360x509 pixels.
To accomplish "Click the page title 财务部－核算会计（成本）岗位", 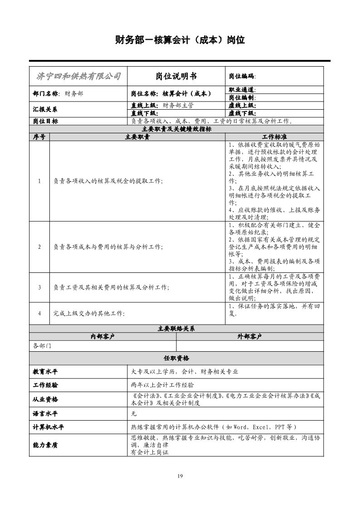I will click(180, 40).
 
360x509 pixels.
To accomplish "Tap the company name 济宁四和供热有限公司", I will click(78, 76).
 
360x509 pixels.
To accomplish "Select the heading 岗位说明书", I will click(176, 76).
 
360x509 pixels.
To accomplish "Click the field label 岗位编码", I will click(242, 77).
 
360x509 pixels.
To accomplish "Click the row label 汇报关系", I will click(45, 109).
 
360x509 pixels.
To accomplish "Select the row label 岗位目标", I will click(45, 121).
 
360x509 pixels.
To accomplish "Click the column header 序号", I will click(39, 136).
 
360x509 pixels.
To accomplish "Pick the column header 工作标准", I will click(274, 136).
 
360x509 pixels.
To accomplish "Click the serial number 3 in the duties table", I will click(39, 287).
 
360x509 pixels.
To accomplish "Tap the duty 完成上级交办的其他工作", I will click(89, 313).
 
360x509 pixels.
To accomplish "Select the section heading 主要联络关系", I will click(176, 329).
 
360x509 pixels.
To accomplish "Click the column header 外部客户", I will click(249, 336).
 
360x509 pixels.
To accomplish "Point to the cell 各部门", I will click(42, 346).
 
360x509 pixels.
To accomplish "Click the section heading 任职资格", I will click(176, 358).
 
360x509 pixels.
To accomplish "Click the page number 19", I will click(180, 475).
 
